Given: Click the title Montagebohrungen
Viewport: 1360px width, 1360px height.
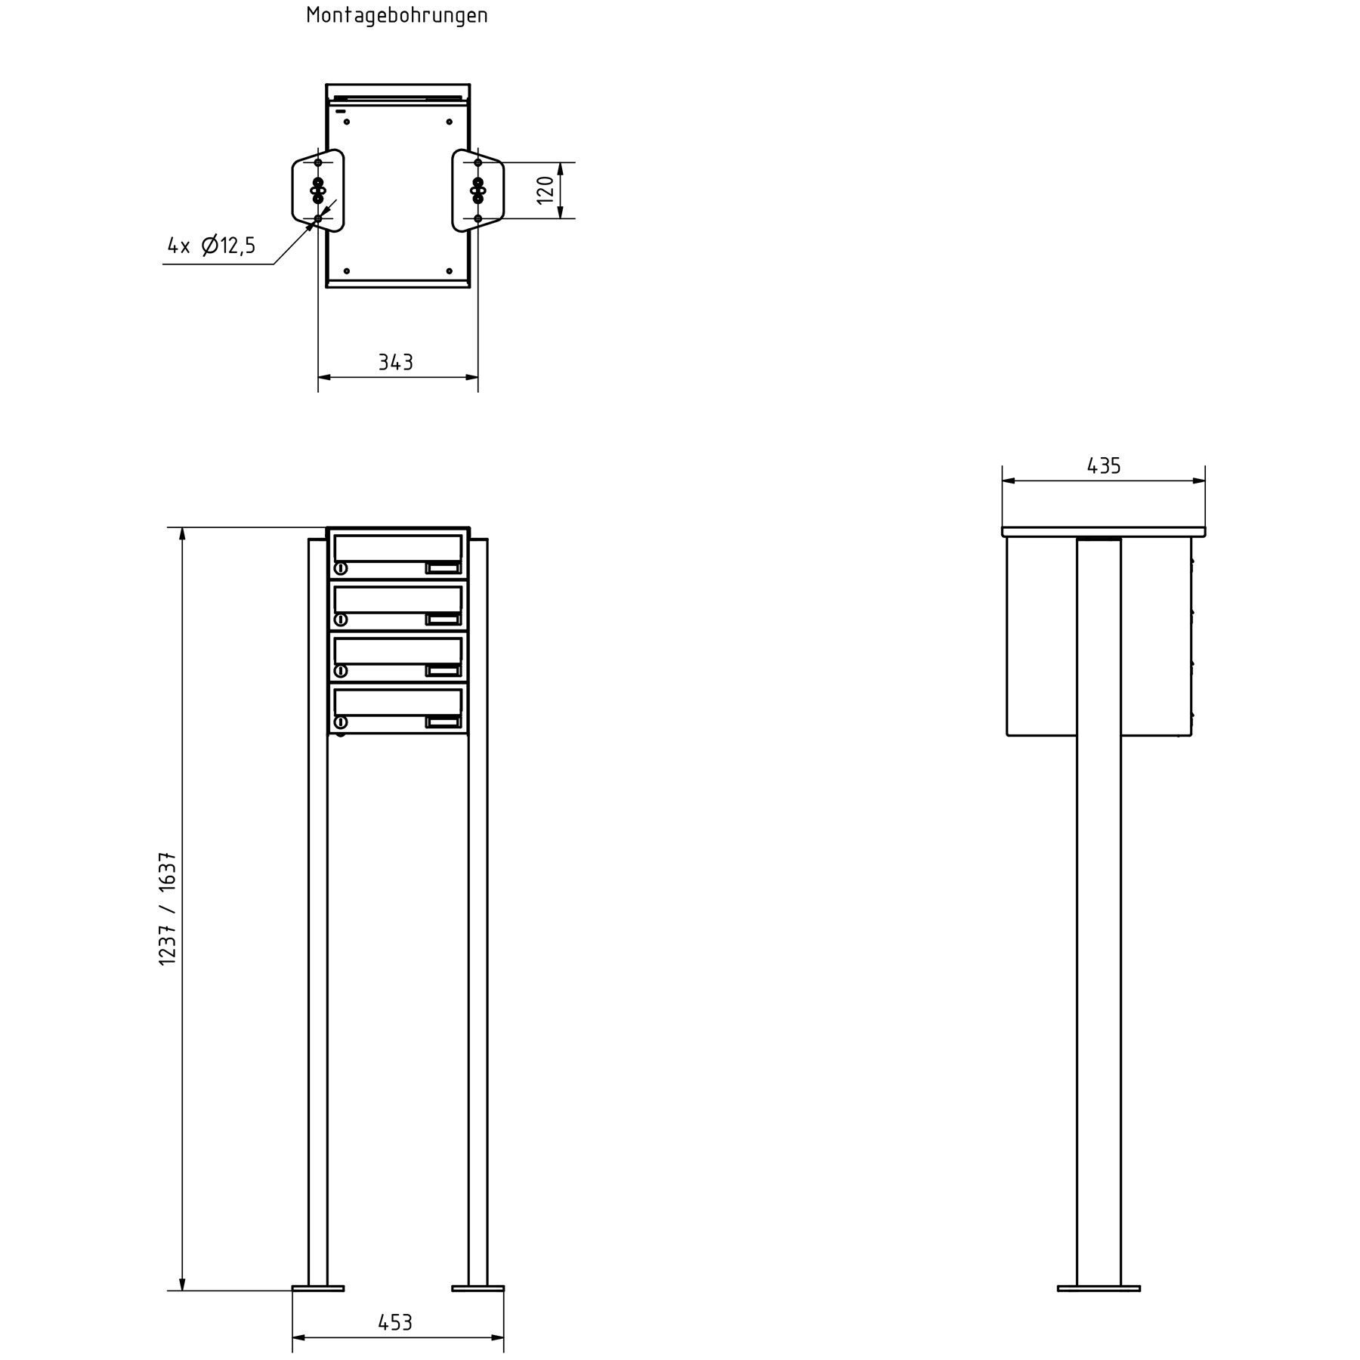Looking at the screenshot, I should coord(397,16).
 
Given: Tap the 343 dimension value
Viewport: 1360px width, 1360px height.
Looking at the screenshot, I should coord(396,363).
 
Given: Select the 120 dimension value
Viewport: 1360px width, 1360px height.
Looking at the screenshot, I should coord(546,190).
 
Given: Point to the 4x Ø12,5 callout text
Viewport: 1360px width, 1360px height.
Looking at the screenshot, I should coord(212,246).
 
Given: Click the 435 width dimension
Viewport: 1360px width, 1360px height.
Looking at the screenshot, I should coord(1104,466).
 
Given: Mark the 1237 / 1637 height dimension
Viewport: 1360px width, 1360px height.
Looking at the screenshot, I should coord(168,908).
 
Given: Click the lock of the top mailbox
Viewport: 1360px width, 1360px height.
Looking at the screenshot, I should coord(341,568).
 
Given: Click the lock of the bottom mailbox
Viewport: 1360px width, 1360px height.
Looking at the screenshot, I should coord(341,722).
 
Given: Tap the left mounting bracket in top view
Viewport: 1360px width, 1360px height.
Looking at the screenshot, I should coord(317,190).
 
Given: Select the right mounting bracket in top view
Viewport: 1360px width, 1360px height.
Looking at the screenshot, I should coord(478,190).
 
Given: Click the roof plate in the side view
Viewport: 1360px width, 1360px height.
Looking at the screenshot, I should coord(1103,532).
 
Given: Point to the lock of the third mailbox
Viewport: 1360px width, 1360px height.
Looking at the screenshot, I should coord(341,671).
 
